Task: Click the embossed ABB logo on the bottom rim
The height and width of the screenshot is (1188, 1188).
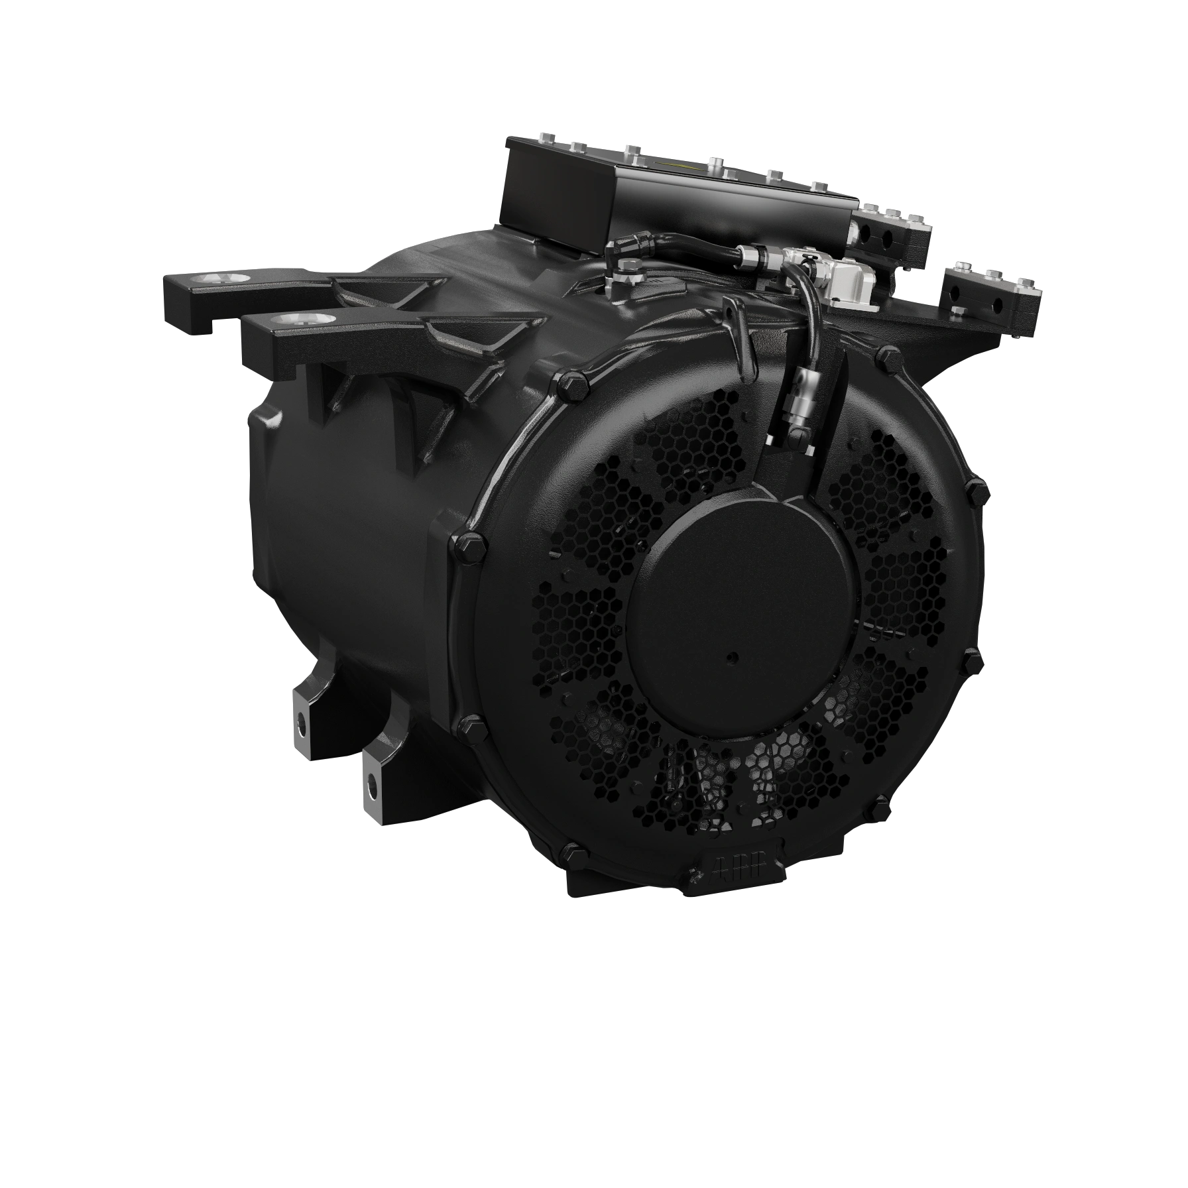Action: [x=735, y=869]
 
